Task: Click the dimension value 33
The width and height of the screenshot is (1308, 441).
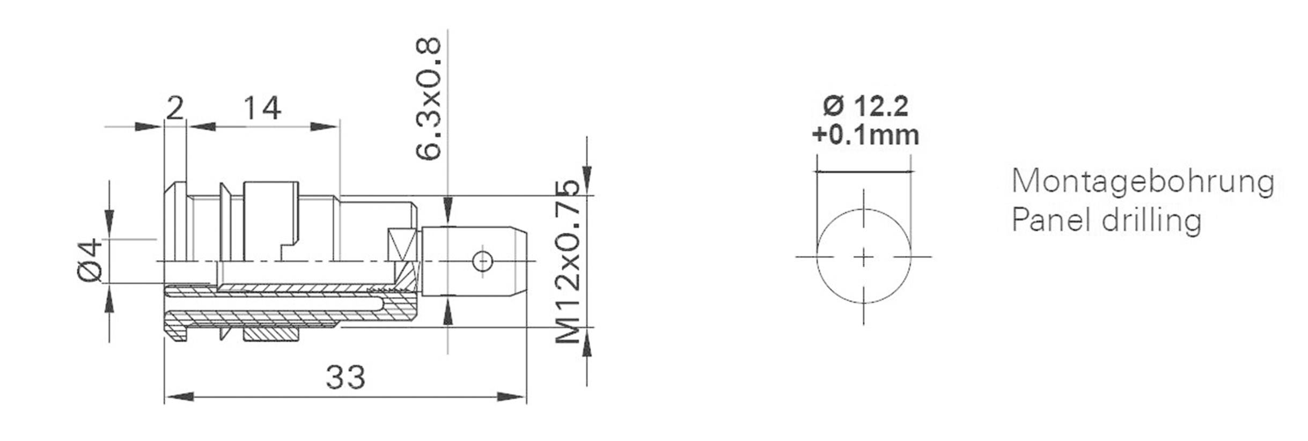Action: pos(346,377)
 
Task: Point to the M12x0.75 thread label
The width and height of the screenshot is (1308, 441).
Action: pos(567,262)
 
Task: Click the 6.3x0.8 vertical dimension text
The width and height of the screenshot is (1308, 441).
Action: pos(429,99)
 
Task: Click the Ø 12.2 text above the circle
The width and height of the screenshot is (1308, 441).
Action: pos(865,106)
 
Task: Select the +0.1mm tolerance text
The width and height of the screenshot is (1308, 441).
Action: pos(865,135)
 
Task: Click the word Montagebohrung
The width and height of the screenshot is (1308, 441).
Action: pos(1142,183)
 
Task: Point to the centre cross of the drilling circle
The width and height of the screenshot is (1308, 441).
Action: pos(863,258)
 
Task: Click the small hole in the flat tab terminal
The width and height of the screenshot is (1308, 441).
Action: pos(482,261)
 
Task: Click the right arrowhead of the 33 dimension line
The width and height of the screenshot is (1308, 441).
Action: pos(512,397)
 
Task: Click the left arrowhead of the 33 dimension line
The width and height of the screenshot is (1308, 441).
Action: pos(178,397)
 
